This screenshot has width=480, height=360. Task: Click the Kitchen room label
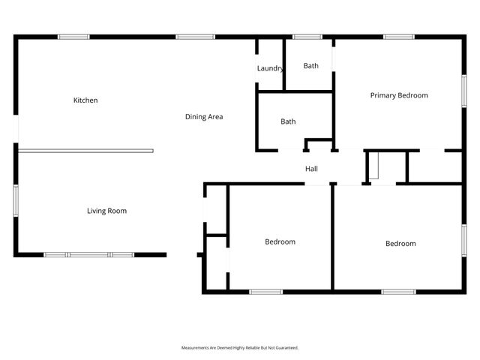(85, 100)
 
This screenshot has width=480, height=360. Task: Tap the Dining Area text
(204, 117)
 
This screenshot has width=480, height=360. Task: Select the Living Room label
(106, 211)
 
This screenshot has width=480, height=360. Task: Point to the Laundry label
(270, 68)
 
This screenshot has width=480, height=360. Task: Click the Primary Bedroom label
(399, 95)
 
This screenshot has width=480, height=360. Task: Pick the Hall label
(311, 169)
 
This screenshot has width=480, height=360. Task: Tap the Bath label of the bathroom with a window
(310, 66)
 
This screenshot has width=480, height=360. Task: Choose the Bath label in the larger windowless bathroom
(288, 121)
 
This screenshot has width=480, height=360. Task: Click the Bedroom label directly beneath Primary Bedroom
(400, 244)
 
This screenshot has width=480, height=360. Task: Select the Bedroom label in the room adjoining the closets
(280, 242)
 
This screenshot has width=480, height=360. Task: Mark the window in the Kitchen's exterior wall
(73, 36)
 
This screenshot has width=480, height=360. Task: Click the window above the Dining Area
(195, 36)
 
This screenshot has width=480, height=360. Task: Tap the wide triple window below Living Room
(88, 255)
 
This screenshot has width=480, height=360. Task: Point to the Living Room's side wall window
(16, 202)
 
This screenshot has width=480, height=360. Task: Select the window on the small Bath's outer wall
(307, 36)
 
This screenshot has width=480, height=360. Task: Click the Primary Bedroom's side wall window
(463, 90)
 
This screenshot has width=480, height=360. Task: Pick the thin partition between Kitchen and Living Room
(85, 151)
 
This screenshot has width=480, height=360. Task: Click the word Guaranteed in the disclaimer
(285, 348)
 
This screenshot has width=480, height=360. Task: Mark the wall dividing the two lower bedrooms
(332, 236)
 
